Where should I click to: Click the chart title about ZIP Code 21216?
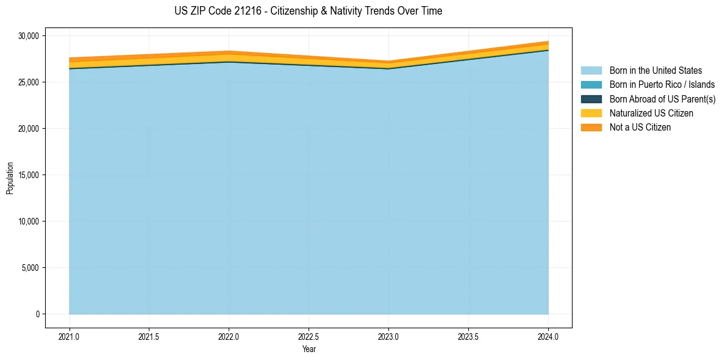(308, 11)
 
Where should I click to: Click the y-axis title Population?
(10, 178)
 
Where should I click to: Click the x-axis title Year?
(309, 350)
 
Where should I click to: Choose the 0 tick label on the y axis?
(37, 314)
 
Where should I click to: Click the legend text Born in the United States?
(655, 71)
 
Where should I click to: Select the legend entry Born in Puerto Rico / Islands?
(662, 85)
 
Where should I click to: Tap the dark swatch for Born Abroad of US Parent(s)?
(591, 99)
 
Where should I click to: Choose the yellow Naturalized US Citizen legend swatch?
(591, 113)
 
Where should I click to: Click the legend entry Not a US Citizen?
(640, 128)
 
